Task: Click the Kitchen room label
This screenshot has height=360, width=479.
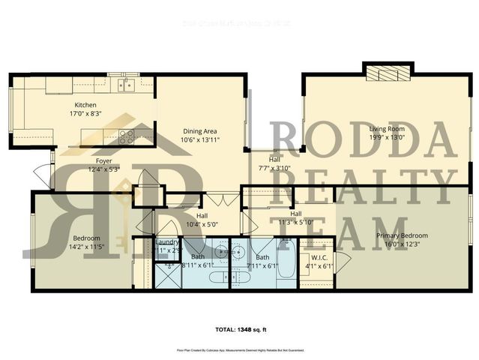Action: [83, 105]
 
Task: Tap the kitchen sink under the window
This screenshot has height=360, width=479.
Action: [126, 85]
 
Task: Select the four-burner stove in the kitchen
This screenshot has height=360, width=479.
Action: [125, 136]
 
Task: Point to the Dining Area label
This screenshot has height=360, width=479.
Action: [200, 131]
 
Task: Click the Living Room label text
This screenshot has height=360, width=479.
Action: [386, 129]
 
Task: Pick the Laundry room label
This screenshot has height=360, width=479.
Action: [166, 242]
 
